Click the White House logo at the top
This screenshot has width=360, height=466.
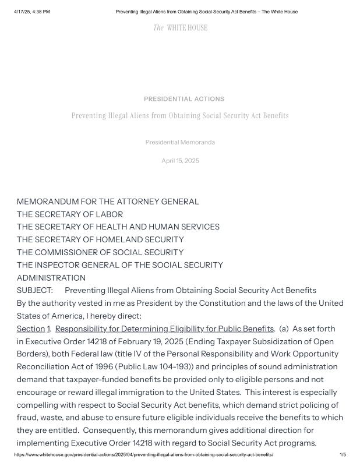(180, 28)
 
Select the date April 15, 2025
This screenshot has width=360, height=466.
(180, 161)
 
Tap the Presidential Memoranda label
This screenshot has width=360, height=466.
(180, 142)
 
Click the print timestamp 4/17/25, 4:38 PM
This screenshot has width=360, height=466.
(32, 12)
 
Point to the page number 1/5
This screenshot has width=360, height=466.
(343, 454)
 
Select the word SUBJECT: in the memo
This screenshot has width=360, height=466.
(35, 290)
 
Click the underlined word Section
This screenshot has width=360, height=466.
(30, 329)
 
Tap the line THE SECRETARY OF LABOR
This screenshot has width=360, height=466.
(70, 214)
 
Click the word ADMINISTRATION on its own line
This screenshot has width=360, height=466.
(51, 278)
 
